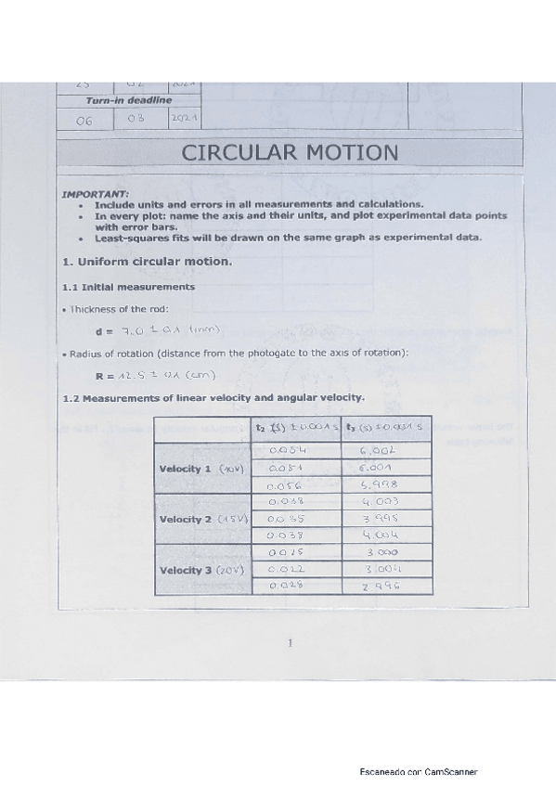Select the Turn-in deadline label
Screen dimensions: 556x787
[128, 100]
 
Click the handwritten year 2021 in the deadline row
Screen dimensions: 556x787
[187, 120]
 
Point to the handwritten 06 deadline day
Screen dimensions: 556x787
[84, 121]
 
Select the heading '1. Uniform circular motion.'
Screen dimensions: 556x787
[147, 262]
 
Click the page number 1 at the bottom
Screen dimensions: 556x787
[290, 642]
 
